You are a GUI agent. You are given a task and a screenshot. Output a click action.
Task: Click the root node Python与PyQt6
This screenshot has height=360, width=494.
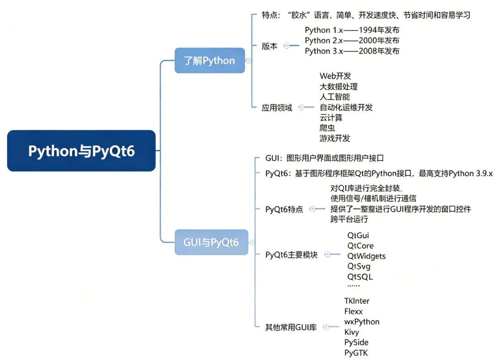coord(81,151)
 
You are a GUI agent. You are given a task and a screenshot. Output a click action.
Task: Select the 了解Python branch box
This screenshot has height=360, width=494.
coord(209,61)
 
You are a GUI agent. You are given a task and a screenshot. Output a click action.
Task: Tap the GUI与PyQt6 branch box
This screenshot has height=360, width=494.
coord(211,242)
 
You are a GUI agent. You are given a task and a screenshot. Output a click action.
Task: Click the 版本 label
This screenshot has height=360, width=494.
coord(269,46)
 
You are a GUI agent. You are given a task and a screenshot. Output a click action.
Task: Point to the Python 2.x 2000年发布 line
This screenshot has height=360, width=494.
coord(352,41)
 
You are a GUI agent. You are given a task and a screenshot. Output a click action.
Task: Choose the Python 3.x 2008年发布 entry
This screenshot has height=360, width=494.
coord(352,51)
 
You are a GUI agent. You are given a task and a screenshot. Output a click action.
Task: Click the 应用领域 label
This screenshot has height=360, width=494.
coord(277,108)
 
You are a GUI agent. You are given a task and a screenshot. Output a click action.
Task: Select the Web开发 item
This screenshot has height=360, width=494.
coord(335,76)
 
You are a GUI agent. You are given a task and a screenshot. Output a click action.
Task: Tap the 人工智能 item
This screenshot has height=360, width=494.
coord(334,97)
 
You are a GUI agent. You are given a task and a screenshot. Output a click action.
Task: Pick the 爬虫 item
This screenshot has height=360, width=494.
coord(327,128)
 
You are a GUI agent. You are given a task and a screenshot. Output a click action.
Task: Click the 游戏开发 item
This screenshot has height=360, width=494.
coord(335,138)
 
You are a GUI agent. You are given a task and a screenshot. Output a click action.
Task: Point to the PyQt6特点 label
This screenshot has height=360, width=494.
coord(284,210)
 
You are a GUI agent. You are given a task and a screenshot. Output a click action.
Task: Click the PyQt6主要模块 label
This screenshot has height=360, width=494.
coord(291,255)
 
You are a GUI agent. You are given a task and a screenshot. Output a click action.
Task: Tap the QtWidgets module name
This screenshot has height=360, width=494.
coord(366,256)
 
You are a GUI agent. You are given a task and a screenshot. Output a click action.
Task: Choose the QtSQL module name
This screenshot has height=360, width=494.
coord(360,277)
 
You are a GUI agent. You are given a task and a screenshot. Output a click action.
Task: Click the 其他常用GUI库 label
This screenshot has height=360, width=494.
coord(291,327)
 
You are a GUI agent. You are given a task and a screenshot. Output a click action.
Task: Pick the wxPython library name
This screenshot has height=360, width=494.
coord(362,322)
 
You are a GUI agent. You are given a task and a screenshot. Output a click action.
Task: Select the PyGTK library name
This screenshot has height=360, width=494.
coord(356,353)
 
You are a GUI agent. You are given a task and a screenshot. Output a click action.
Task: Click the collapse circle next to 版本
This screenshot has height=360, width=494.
coord(287,46)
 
